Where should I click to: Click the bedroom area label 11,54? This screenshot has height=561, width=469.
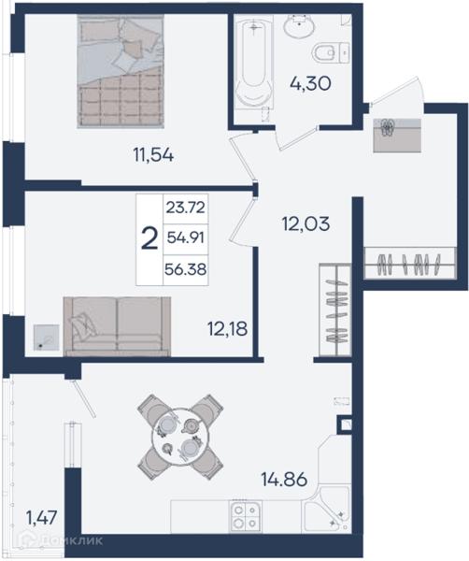click(153, 155)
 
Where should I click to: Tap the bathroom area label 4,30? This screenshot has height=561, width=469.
click(310, 84)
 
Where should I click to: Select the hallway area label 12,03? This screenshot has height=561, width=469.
click(306, 224)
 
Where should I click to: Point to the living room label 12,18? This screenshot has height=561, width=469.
click(227, 328)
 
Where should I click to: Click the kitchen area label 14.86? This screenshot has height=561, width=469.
click(285, 480)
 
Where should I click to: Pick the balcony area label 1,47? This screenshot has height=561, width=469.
click(41, 518)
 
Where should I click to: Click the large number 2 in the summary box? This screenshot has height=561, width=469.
click(149, 239)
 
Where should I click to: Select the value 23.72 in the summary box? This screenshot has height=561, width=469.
click(186, 208)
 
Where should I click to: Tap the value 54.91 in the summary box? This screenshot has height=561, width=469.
click(186, 237)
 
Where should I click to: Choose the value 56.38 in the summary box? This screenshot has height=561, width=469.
click(186, 269)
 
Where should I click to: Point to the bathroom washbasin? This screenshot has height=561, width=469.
click(300, 26)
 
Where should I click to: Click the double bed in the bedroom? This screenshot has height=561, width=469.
click(121, 71)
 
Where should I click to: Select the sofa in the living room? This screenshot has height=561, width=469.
click(117, 326)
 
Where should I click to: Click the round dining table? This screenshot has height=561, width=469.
click(178, 437)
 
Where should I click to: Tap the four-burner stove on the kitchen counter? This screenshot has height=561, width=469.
click(245, 517)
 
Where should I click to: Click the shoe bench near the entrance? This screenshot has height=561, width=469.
click(397, 136)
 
